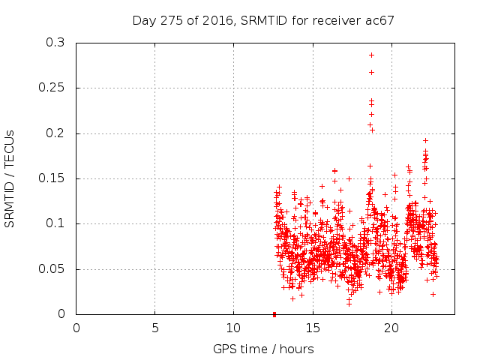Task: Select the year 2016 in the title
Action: (217, 20)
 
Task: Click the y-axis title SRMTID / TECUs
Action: (10, 178)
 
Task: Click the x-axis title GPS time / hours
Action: (263, 349)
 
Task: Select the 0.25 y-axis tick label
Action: (51, 88)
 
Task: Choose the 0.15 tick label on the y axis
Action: (51, 178)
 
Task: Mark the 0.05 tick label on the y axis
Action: (51, 268)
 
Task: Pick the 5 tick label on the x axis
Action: (155, 327)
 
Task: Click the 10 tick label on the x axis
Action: (233, 327)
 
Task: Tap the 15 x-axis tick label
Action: (312, 327)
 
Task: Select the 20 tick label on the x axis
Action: (391, 327)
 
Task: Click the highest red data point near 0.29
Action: (371, 55)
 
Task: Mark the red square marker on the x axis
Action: (274, 314)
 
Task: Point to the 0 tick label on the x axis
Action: (76, 327)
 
